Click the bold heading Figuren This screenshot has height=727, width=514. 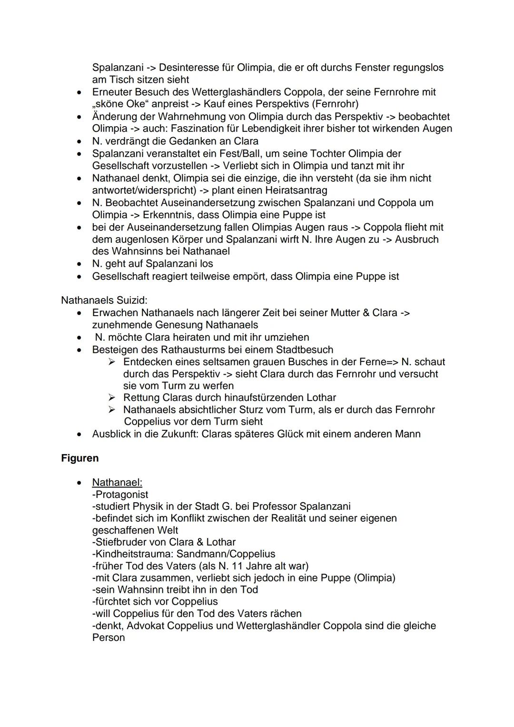pyautogui.click(x=80, y=458)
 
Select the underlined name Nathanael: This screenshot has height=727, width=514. pyautogui.click(x=117, y=482)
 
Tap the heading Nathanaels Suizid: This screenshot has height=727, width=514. pyautogui.click(x=104, y=300)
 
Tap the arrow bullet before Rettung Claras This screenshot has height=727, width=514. pyautogui.click(x=112, y=398)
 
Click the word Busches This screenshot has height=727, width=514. pyautogui.click(x=290, y=362)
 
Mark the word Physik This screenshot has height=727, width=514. pyautogui.click(x=149, y=506)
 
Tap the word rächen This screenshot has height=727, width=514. pyautogui.click(x=286, y=613)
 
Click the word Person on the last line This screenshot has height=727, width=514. pyautogui.click(x=109, y=637)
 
